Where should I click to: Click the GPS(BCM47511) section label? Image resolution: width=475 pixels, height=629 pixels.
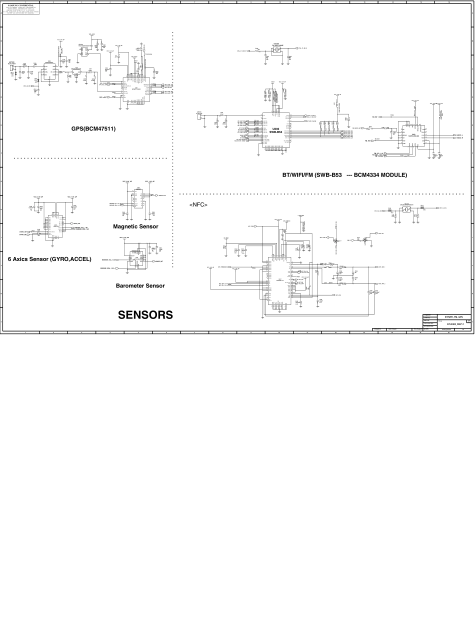pos(93,128)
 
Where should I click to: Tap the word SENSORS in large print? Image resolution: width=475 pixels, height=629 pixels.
pos(145,314)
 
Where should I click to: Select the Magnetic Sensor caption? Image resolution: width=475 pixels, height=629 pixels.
pos(135,226)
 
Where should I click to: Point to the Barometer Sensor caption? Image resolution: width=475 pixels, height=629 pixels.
pos(140,286)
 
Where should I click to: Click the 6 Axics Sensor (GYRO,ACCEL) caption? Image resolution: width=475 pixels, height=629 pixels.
pos(49,259)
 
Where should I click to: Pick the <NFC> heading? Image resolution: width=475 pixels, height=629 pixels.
pos(198,205)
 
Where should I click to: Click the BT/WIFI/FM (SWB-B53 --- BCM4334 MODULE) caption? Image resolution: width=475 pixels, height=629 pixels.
pos(344,175)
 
